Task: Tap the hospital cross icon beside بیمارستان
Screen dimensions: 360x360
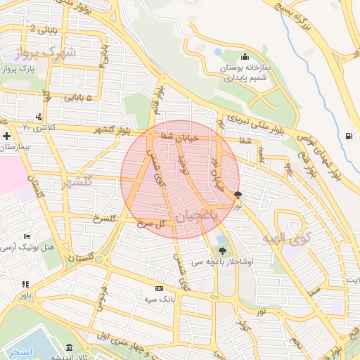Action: coord(6,135)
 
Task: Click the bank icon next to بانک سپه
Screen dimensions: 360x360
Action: coord(159,288)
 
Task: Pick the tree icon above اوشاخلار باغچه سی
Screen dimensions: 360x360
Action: coord(223,250)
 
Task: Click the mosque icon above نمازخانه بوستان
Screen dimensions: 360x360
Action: coord(245,57)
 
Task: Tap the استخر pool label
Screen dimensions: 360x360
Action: coord(18,351)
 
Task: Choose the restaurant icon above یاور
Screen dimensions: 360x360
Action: coord(26,285)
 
